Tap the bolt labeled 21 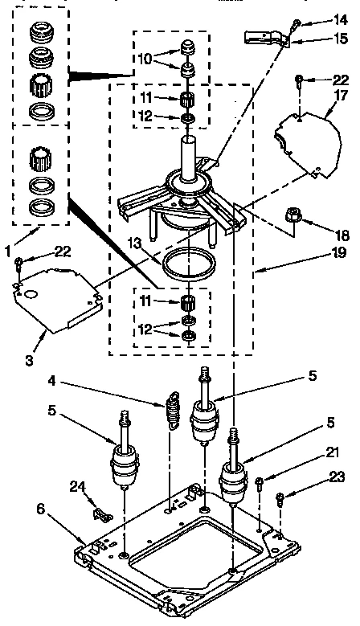point(260,485)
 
